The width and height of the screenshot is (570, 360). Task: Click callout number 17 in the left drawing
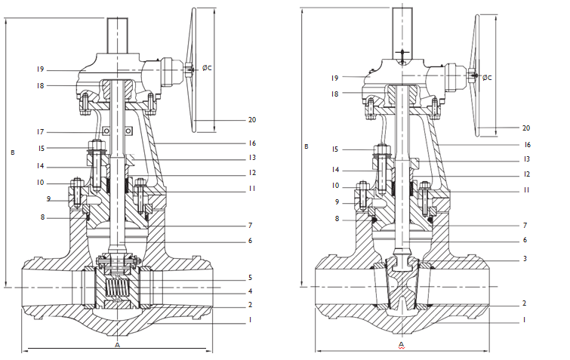(x=41, y=132)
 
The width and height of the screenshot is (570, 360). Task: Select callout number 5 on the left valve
(x=250, y=277)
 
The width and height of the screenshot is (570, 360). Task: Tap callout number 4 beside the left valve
(x=250, y=291)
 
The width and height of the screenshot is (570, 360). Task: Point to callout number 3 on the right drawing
(x=524, y=259)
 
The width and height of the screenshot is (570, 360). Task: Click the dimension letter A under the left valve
(x=116, y=344)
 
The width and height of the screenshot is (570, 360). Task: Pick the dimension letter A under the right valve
(x=401, y=345)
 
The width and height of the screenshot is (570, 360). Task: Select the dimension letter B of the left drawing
(x=12, y=152)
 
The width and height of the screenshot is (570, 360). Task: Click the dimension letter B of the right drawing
(x=306, y=146)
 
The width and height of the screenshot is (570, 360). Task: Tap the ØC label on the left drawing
(x=206, y=68)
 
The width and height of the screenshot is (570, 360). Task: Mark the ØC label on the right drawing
(x=487, y=77)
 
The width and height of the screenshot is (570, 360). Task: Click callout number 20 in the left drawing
(x=251, y=119)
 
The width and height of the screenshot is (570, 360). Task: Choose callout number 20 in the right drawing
(x=526, y=128)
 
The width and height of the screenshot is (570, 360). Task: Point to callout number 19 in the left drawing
(x=41, y=69)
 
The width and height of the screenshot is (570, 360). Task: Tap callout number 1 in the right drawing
(x=524, y=320)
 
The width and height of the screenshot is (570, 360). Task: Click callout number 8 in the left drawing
(x=43, y=217)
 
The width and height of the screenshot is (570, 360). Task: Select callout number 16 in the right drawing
(x=526, y=144)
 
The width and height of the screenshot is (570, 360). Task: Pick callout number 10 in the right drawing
(x=334, y=185)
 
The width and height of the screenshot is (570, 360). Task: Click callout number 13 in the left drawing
(x=251, y=158)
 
